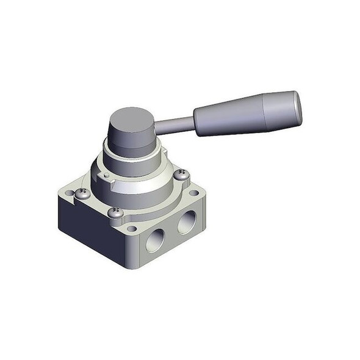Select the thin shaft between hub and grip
(174, 125)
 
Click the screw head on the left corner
(82, 193)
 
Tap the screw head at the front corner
(116, 212)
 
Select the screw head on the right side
(181, 175)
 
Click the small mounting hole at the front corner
(131, 229)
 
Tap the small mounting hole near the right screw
(194, 193)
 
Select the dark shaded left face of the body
(92, 229)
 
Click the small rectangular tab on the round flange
(105, 178)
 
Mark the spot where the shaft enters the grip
(195, 122)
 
